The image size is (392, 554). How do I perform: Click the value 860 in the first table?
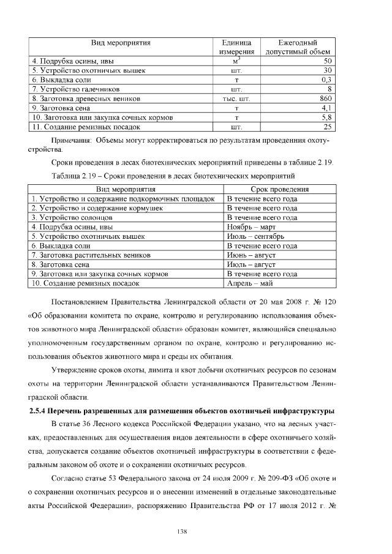tap(325, 98)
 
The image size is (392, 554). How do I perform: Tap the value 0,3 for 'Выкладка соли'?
tap(326, 80)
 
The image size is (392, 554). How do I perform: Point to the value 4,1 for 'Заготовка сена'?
tap(326, 107)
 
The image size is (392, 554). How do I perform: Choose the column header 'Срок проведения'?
tap(279, 190)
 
